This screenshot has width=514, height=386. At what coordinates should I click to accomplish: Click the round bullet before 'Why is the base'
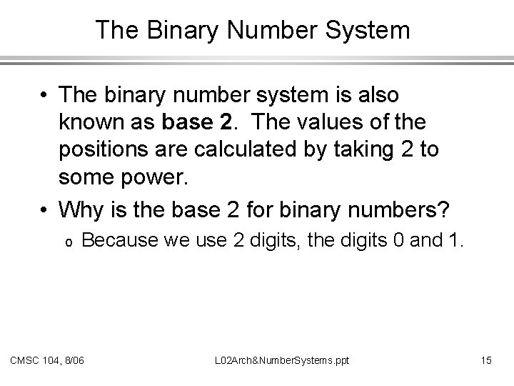pos(44,209)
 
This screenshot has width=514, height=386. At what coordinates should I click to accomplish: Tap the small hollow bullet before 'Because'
pos(66,244)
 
